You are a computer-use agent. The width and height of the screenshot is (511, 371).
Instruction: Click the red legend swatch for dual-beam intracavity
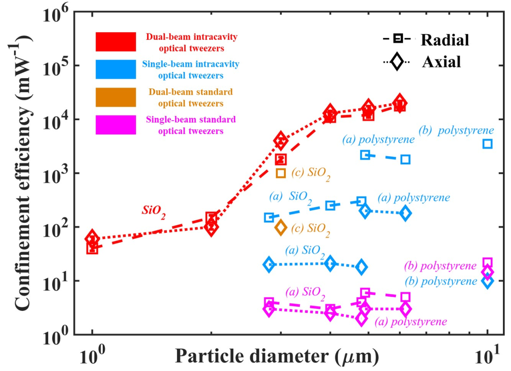point(116,42)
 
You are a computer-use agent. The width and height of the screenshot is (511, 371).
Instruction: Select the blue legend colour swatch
point(116,69)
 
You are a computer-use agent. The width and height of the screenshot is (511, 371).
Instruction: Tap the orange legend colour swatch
point(116,97)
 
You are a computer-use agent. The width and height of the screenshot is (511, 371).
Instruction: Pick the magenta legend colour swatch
point(116,124)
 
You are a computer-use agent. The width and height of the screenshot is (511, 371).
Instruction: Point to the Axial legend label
point(441,62)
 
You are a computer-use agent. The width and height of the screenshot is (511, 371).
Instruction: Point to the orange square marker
point(281,173)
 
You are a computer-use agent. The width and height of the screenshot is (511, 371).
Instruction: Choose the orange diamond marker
point(281,227)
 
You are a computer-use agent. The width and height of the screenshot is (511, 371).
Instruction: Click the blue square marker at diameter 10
point(487,143)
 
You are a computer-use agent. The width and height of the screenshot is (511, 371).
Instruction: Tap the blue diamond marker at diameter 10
point(487,281)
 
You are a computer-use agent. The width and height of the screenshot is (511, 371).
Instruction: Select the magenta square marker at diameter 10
point(487,263)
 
